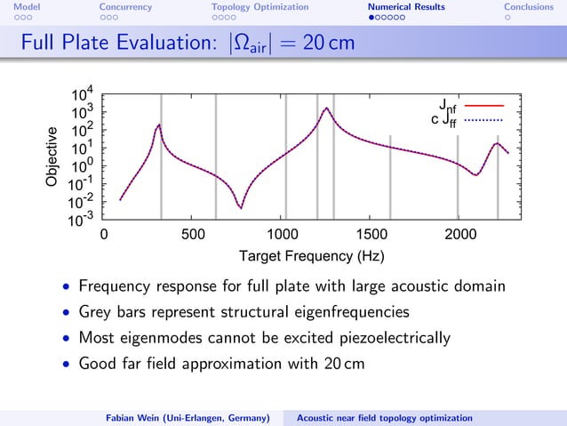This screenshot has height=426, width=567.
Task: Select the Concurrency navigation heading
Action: (x=125, y=7)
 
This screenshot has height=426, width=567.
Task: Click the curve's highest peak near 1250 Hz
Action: (x=326, y=109)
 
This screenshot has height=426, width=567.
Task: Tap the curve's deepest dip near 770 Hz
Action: (x=240, y=208)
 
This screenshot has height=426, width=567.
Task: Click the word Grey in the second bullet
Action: (x=97, y=312)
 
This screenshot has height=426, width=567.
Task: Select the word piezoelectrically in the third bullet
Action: (x=392, y=338)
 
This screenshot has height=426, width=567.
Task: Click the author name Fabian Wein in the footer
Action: (x=132, y=417)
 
